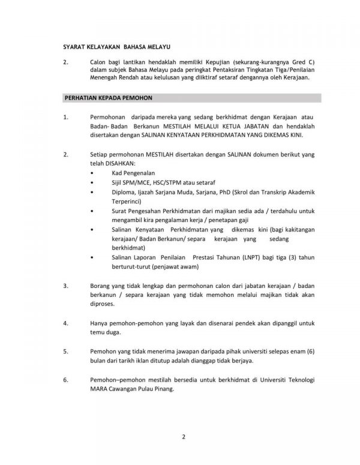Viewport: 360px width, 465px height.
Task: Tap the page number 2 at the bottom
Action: click(x=184, y=437)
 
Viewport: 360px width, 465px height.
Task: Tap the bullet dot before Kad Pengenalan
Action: click(x=91, y=173)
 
